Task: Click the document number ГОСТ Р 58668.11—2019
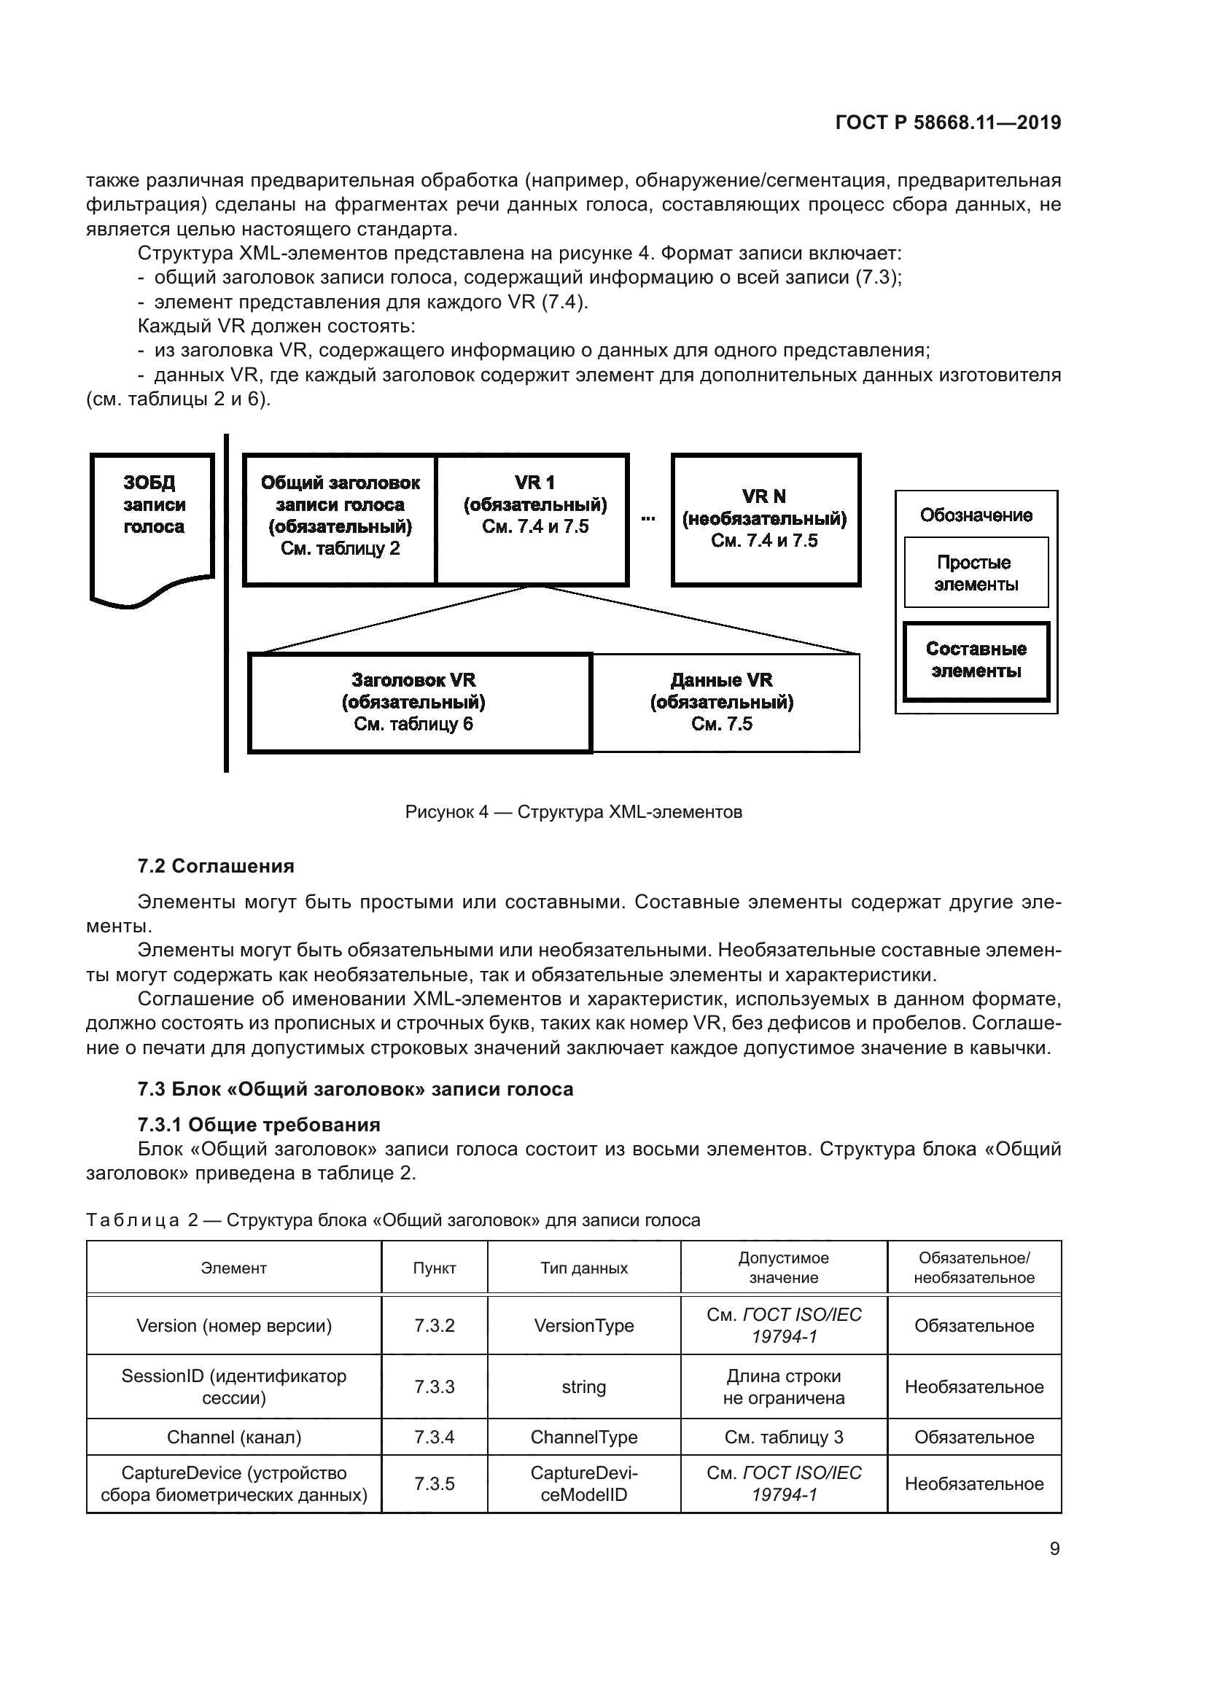(948, 122)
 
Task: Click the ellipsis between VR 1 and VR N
(648, 518)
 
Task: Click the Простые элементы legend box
(975, 573)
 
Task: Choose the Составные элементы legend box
(976, 660)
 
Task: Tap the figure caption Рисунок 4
(573, 811)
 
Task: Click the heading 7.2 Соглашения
(216, 866)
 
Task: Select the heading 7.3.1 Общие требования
(259, 1124)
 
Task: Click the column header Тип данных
(584, 1268)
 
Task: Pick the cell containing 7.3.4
(435, 1437)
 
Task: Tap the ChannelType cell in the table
(584, 1437)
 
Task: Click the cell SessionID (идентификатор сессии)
(234, 1386)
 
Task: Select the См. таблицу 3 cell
(783, 1437)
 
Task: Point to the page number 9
(1054, 1548)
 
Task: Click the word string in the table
(584, 1387)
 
